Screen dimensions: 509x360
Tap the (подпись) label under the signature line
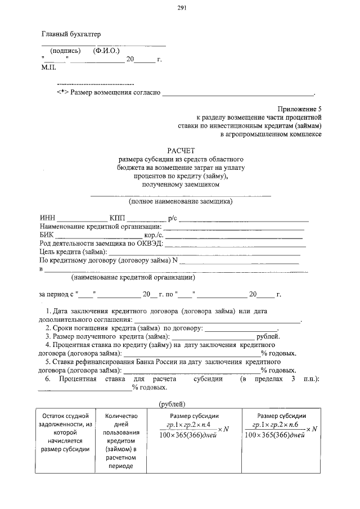66,51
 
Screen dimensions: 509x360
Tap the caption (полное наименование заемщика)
181,201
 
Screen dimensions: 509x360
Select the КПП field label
118,218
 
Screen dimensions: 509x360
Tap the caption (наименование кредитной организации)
133,277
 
